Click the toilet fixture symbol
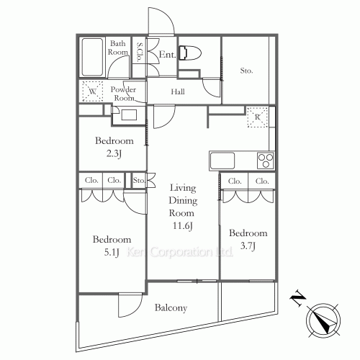(x=189, y=53)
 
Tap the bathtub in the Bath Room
(x=92, y=57)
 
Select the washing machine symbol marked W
(x=93, y=91)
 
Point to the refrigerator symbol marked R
(x=257, y=117)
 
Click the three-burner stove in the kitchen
(x=266, y=161)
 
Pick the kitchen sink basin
(x=222, y=161)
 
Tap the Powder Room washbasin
(x=129, y=115)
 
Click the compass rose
(x=323, y=320)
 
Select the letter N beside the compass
(x=298, y=298)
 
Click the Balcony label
(x=171, y=308)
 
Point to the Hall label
(x=178, y=91)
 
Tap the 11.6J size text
(x=183, y=226)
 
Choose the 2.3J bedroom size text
(x=114, y=153)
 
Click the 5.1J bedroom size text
(x=112, y=253)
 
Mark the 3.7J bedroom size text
(x=248, y=246)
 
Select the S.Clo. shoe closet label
(x=140, y=52)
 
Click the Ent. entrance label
(x=167, y=55)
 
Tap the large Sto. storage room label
(x=246, y=71)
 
